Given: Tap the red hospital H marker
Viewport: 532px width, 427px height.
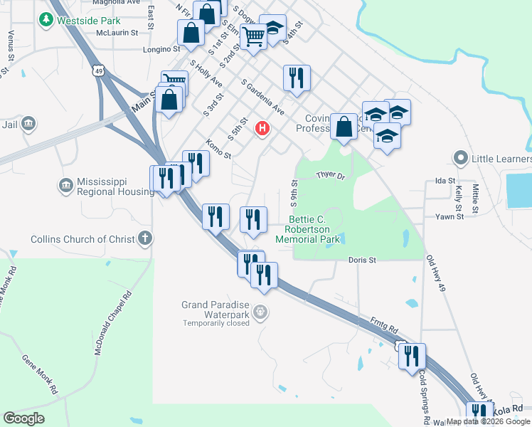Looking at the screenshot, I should pos(262,128).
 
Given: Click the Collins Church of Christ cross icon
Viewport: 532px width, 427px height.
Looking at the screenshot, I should pos(144,238).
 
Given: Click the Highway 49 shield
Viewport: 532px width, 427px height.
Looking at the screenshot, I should pos(99,70).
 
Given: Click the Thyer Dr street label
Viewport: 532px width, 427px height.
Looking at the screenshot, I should pos(330,175).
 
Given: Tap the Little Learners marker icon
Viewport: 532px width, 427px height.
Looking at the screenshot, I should pos(460,157).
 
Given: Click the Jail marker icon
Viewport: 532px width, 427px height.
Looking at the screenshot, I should pos(29,124).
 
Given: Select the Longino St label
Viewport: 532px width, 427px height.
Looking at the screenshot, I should pos(162,49).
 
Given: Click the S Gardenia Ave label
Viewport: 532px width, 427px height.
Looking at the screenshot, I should pos(262,97).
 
